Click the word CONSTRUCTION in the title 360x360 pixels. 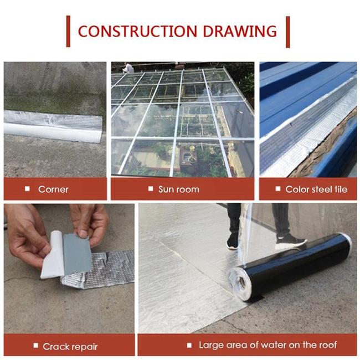(x=137, y=31)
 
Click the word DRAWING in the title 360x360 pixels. (x=240, y=31)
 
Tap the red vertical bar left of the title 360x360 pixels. (x=68, y=32)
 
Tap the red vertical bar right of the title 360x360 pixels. (x=287, y=32)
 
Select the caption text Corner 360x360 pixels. (x=53, y=189)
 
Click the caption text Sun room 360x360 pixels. (x=179, y=189)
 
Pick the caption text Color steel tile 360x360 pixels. (x=316, y=189)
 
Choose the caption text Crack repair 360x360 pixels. (x=70, y=347)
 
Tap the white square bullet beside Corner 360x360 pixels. (x=27, y=189)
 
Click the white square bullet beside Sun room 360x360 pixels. (x=151, y=189)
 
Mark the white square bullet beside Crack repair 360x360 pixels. (x=36, y=345)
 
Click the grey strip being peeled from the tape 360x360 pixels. (x=77, y=254)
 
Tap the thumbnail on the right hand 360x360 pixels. (x=83, y=233)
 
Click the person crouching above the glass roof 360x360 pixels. (x=127, y=68)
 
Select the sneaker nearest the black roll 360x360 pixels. (x=291, y=241)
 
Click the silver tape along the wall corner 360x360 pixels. (x=53, y=126)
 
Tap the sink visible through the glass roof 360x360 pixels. (x=187, y=157)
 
